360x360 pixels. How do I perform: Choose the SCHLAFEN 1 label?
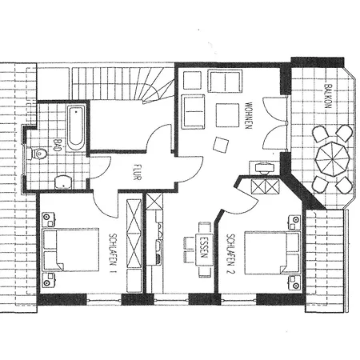[112, 253]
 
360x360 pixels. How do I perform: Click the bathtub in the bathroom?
[75, 128]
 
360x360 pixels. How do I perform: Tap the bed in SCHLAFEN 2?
[268, 252]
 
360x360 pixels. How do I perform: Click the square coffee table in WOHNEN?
[227, 115]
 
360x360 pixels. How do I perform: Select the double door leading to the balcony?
[274, 124]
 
